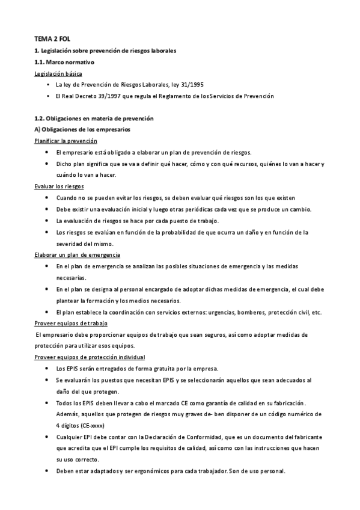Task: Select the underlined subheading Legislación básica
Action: (59, 73)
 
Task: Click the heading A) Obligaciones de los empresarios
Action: (82, 130)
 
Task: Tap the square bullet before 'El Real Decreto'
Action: (47, 96)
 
